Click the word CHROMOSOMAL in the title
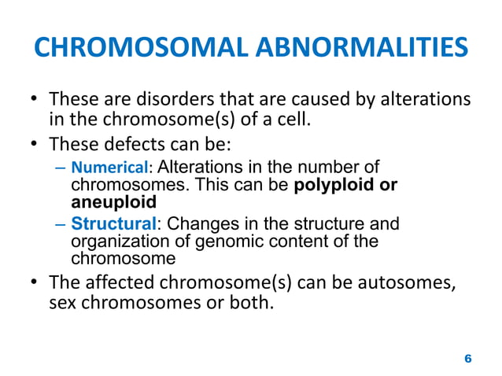click(x=135, y=48)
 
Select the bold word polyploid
click(x=336, y=186)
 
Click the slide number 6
click(x=468, y=358)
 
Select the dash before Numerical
click(x=61, y=168)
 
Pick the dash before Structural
click(x=61, y=224)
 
